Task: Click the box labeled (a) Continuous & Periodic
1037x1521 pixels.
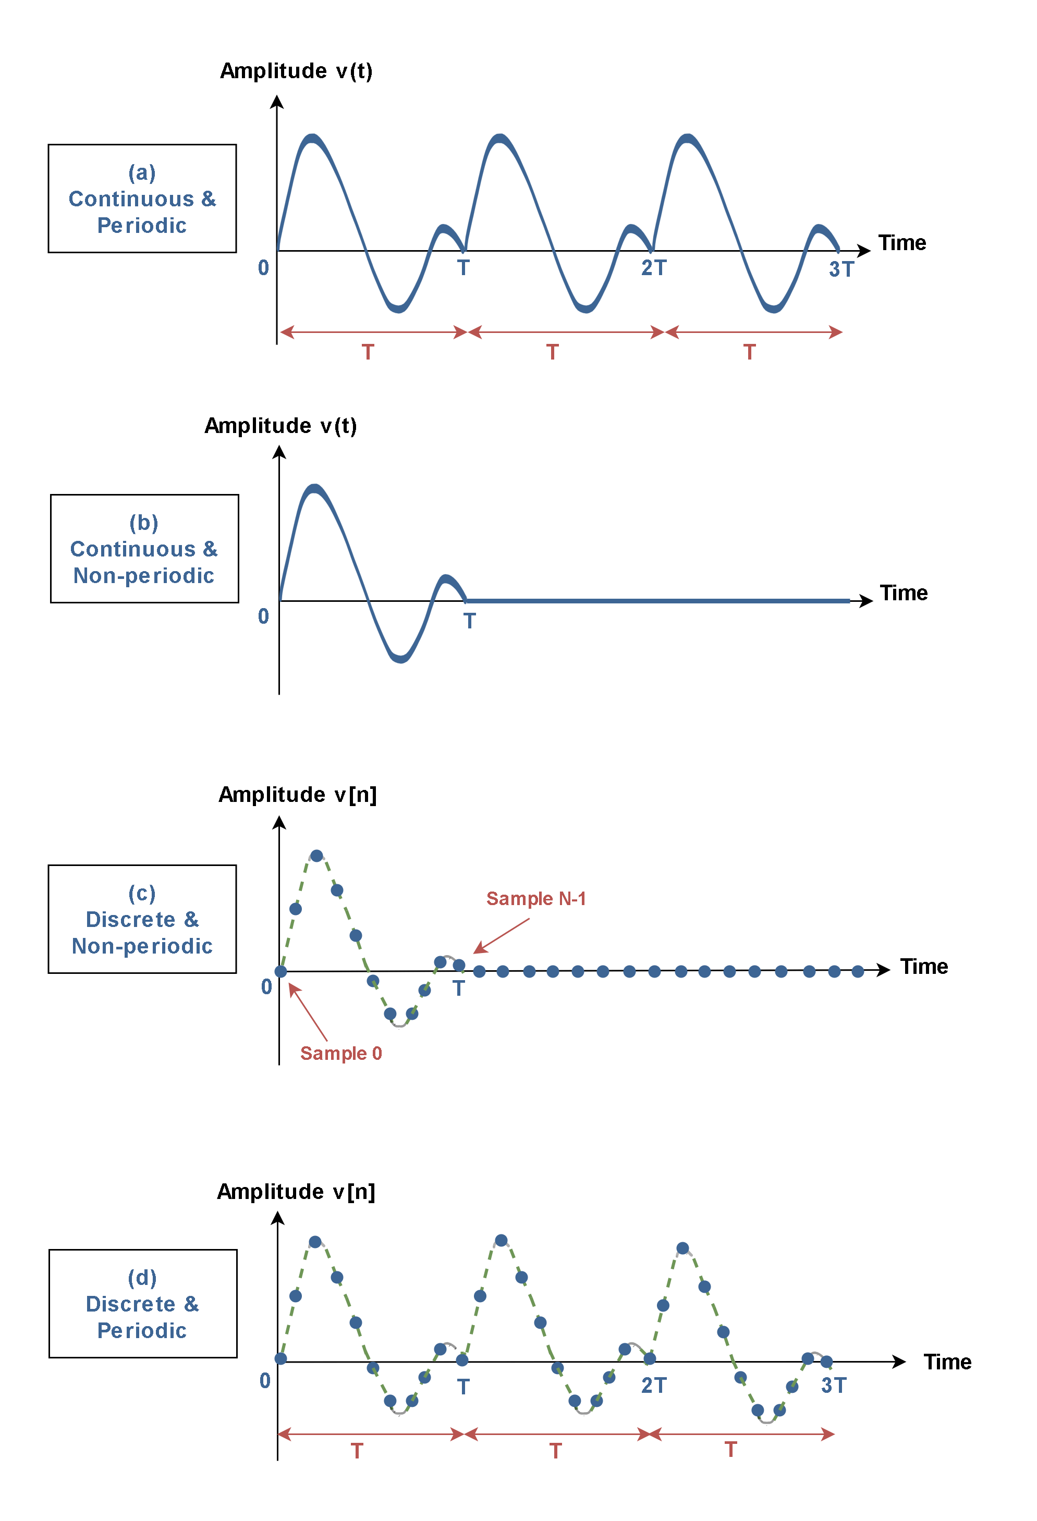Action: pyautogui.click(x=142, y=199)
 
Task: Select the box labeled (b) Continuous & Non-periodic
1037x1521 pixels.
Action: pyautogui.click(x=144, y=549)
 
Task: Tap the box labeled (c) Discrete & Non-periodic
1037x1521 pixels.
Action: pyautogui.click(x=142, y=919)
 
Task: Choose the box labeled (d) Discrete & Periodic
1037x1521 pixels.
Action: pyautogui.click(x=143, y=1303)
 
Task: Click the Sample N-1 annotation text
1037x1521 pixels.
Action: pyautogui.click(x=535, y=899)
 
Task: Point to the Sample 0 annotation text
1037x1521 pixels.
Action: pyautogui.click(x=340, y=1053)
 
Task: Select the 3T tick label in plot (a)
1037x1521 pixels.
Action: pyautogui.click(x=841, y=269)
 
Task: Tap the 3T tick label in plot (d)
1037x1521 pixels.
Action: pyautogui.click(x=833, y=1385)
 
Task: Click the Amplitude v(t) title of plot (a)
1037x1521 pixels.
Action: pyautogui.click(x=296, y=71)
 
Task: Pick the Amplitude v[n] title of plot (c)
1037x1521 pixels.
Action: pyautogui.click(x=297, y=795)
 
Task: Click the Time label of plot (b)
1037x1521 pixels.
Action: pyautogui.click(x=904, y=593)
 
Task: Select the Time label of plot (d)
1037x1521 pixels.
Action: pyautogui.click(x=947, y=1362)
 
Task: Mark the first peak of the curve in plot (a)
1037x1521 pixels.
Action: pyautogui.click(x=312, y=138)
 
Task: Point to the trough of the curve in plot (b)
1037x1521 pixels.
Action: pyautogui.click(x=400, y=659)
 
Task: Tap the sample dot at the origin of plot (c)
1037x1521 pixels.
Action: pyautogui.click(x=280, y=971)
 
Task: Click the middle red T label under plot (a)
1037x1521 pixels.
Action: pyautogui.click(x=553, y=352)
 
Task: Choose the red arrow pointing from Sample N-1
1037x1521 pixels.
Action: pyautogui.click(x=502, y=936)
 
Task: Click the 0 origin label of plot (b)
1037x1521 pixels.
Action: pyautogui.click(x=263, y=616)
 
